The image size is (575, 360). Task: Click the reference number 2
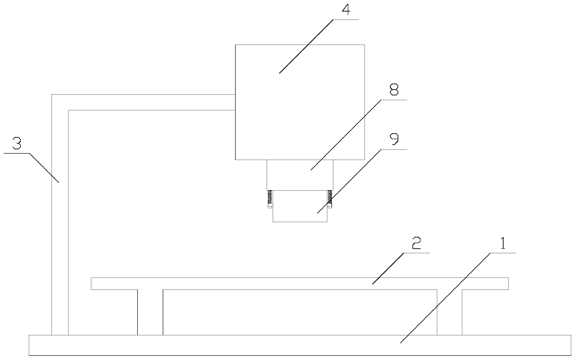click(x=416, y=244)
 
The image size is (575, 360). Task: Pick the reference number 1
click(x=503, y=244)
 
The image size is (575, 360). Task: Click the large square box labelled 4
click(x=300, y=102)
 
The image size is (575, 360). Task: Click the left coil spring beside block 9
click(x=269, y=198)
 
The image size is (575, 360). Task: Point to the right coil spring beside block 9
click(x=330, y=198)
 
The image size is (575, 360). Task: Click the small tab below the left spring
click(x=269, y=207)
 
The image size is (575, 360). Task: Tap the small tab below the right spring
click(x=330, y=207)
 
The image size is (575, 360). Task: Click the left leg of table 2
click(x=150, y=312)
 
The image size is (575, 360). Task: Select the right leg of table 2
click(x=449, y=312)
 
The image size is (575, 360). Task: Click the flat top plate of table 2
click(x=300, y=283)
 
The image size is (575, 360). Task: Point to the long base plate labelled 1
click(x=300, y=345)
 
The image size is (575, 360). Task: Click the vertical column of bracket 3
click(x=60, y=223)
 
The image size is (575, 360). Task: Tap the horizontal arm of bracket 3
click(x=148, y=102)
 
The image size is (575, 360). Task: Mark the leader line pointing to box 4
click(x=306, y=46)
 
